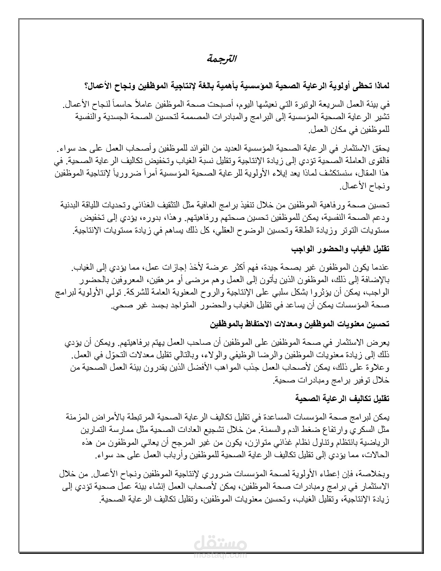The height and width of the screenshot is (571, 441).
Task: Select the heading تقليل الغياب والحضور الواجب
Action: [340, 249]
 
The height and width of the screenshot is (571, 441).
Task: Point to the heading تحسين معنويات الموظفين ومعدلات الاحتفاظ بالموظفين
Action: [300, 324]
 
